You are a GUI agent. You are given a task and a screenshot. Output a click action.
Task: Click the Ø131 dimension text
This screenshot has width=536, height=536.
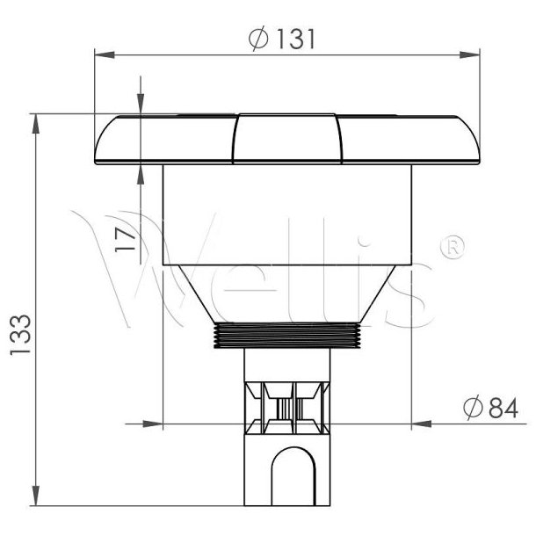tap(282, 39)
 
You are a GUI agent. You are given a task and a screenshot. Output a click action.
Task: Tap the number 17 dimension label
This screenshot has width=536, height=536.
tap(127, 238)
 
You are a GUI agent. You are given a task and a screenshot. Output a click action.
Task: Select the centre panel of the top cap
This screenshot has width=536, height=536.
tap(286, 139)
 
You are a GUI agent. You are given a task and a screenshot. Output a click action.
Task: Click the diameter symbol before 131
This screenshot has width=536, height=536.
tap(258, 40)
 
